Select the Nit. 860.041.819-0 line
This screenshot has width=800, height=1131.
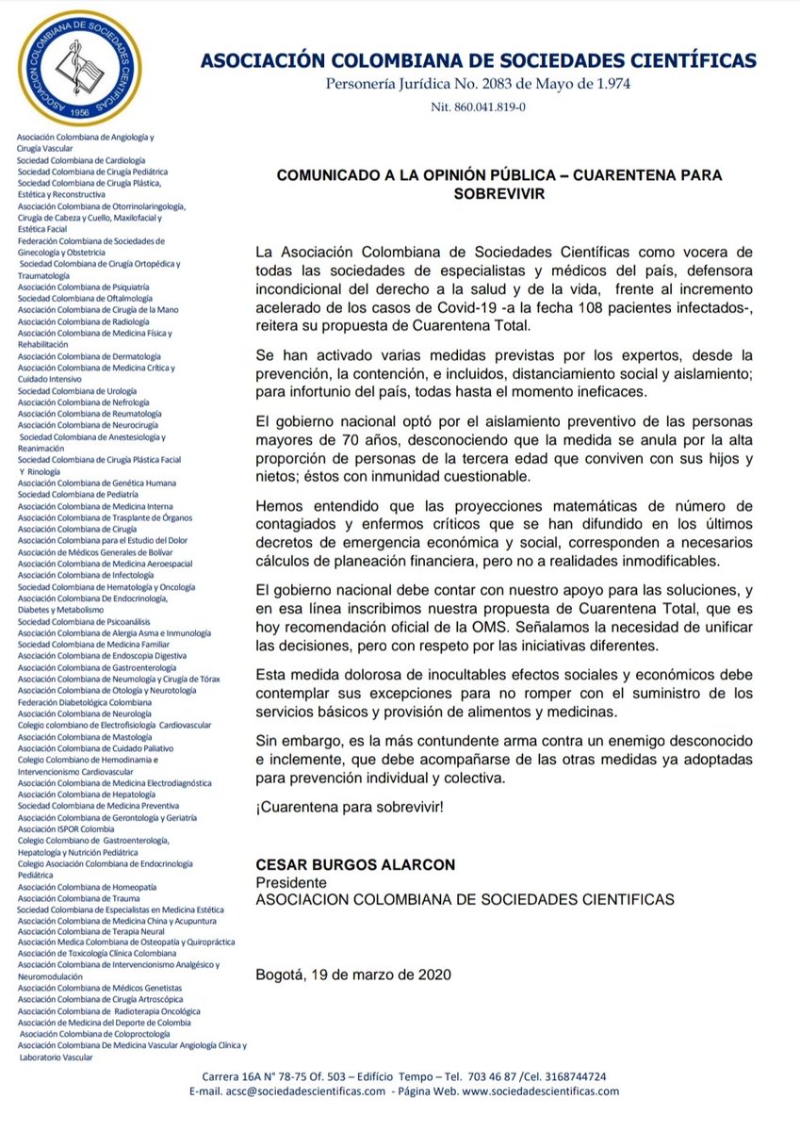[478, 107]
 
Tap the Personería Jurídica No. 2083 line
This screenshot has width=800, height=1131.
[478, 85]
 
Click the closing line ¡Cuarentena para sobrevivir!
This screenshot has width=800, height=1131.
[350, 808]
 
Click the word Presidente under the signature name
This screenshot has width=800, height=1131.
[291, 882]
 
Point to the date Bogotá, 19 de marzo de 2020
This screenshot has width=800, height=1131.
[353, 974]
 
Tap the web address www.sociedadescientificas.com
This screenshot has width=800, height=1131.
[540, 1091]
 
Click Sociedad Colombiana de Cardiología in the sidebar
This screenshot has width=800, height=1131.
[81, 161]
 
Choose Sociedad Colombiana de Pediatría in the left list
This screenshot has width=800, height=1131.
[78, 494]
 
